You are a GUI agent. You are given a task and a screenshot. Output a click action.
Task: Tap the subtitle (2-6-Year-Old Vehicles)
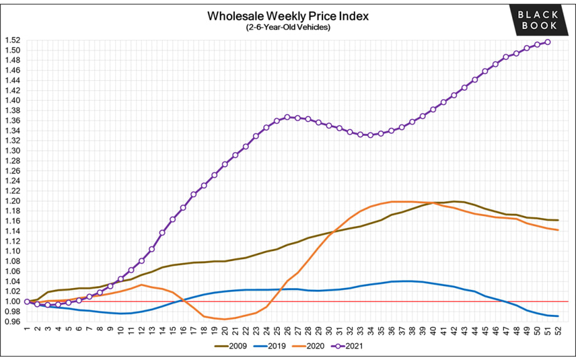(287, 27)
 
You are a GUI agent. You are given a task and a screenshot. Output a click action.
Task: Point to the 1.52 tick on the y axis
(13, 40)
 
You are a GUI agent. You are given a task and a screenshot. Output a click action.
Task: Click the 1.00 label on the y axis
(13, 302)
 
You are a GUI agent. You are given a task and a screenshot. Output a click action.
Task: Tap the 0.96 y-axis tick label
(13, 322)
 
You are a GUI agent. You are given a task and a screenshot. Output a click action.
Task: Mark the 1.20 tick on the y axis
(13, 201)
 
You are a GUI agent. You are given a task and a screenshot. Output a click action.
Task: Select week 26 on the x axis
(287, 330)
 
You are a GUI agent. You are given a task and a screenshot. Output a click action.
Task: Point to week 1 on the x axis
(27, 330)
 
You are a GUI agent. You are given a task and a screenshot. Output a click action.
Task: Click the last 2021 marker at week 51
(548, 42)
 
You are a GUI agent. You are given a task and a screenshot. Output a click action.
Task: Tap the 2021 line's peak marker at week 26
(287, 117)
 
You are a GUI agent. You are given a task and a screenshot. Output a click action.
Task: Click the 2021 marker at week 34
(371, 135)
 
